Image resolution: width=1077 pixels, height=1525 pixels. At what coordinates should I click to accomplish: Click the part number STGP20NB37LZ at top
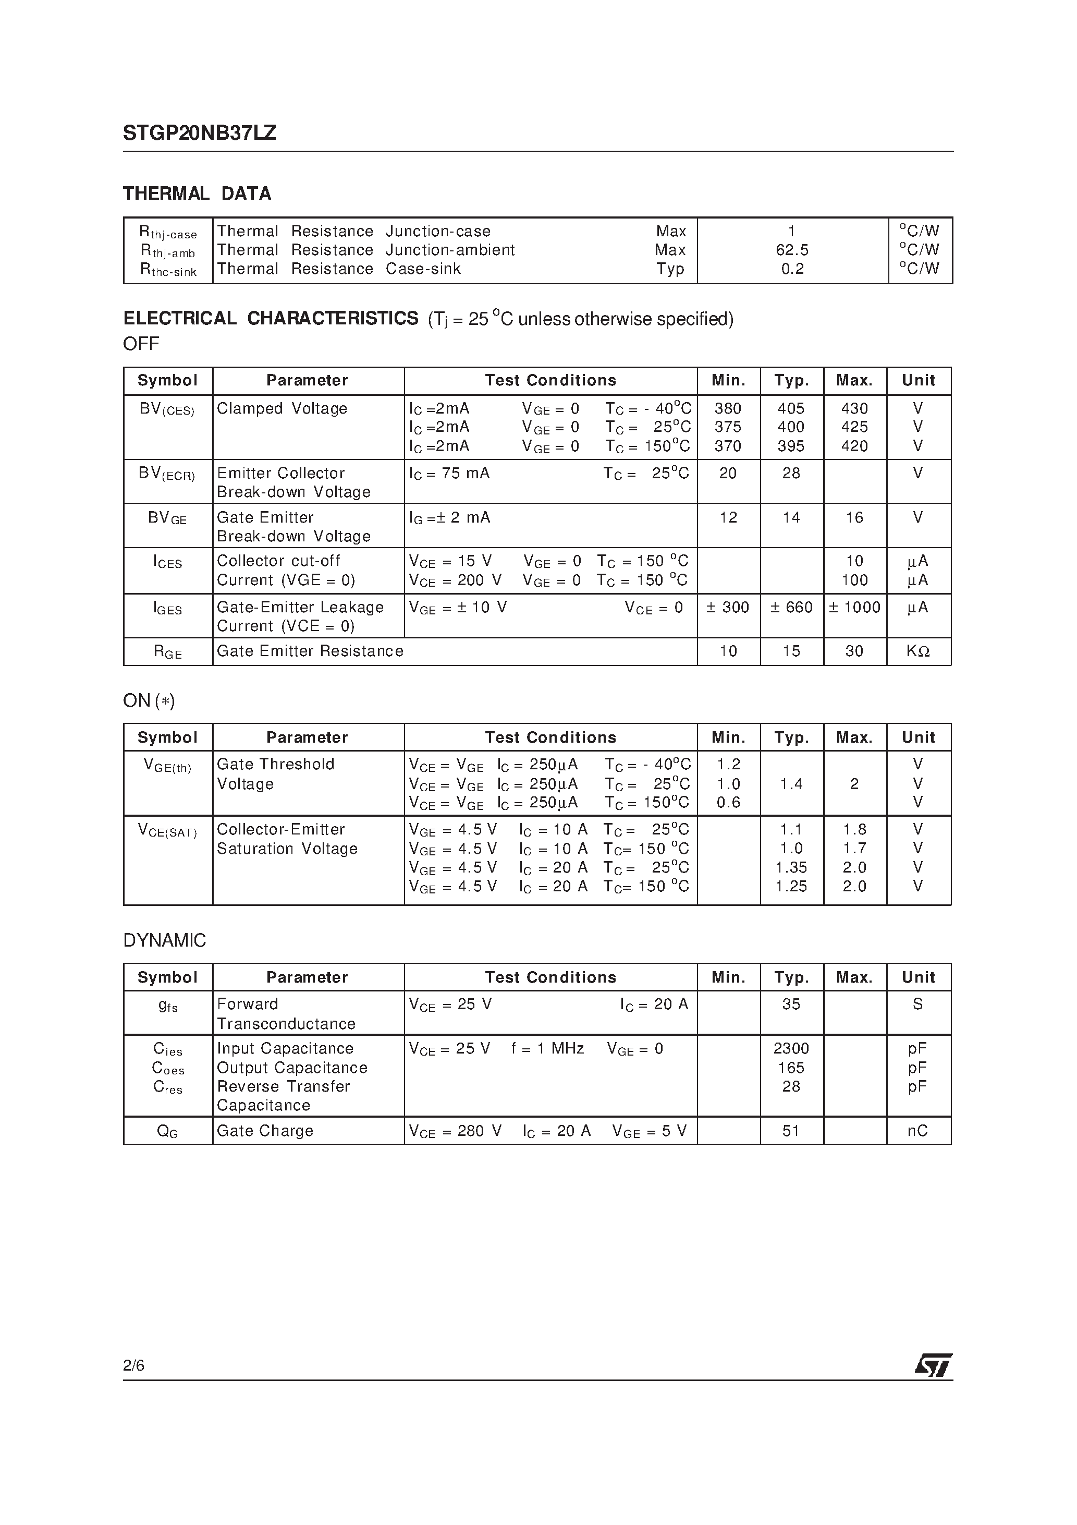click(x=199, y=133)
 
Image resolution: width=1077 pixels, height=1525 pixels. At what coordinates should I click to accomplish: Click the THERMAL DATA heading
click(x=197, y=194)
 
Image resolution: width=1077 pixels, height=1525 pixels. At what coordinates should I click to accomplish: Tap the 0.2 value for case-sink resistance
click(x=792, y=269)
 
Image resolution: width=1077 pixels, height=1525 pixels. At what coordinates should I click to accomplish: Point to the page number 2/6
click(x=133, y=1365)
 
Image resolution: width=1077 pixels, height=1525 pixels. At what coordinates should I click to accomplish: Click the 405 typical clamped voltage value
click(x=791, y=408)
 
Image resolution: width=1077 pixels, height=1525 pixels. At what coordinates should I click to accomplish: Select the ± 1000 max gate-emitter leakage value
click(x=854, y=608)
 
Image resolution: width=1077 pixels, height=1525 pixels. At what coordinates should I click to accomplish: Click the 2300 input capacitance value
click(x=791, y=1049)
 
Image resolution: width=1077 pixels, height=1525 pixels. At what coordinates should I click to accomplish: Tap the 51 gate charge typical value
click(x=791, y=1131)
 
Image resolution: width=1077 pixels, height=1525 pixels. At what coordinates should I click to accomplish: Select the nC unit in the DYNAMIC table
click(x=917, y=1131)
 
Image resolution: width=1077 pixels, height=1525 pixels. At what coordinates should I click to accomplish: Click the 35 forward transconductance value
click(x=791, y=1004)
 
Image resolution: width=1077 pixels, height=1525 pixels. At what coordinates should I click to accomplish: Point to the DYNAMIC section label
click(x=165, y=940)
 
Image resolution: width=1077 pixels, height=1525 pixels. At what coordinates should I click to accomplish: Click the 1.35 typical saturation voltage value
click(x=791, y=867)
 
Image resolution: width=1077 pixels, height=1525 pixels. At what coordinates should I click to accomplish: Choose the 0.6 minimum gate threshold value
click(x=728, y=803)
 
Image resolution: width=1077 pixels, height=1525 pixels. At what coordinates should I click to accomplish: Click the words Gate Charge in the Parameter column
click(x=265, y=1131)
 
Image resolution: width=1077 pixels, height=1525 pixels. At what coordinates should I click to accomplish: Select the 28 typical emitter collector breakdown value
click(x=791, y=474)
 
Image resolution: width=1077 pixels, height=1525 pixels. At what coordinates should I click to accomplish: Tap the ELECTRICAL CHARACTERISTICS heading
click(x=271, y=319)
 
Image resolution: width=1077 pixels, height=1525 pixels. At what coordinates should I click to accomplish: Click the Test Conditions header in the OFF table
click(x=550, y=381)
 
